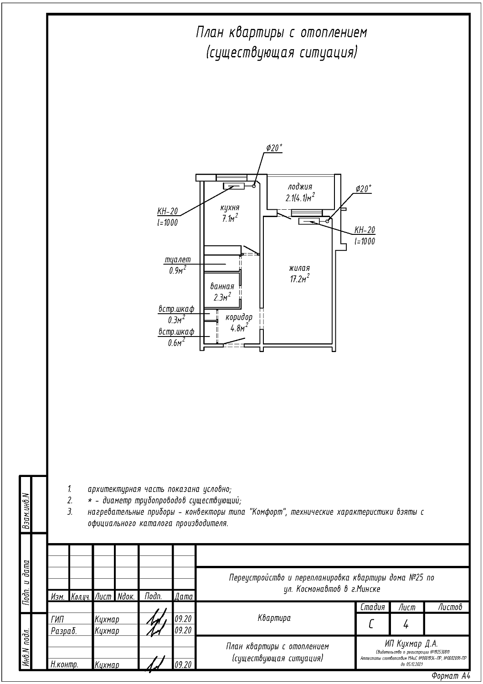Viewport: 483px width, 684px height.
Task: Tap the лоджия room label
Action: point(300,187)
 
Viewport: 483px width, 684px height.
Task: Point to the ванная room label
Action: point(222,286)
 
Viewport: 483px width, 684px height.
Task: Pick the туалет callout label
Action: point(178,260)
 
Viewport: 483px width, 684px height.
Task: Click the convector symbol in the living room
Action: point(309,222)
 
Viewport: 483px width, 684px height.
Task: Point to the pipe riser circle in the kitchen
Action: point(254,185)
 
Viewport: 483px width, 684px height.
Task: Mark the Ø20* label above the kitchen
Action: point(274,148)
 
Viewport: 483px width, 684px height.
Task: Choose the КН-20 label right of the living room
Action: point(365,230)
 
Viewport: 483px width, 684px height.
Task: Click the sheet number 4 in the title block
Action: point(406,624)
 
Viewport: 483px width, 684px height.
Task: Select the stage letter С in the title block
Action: point(372,624)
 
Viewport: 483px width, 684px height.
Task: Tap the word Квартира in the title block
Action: point(274,618)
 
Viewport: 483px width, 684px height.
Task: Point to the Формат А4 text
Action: point(450,676)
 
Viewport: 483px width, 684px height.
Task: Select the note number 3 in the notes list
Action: point(70,512)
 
